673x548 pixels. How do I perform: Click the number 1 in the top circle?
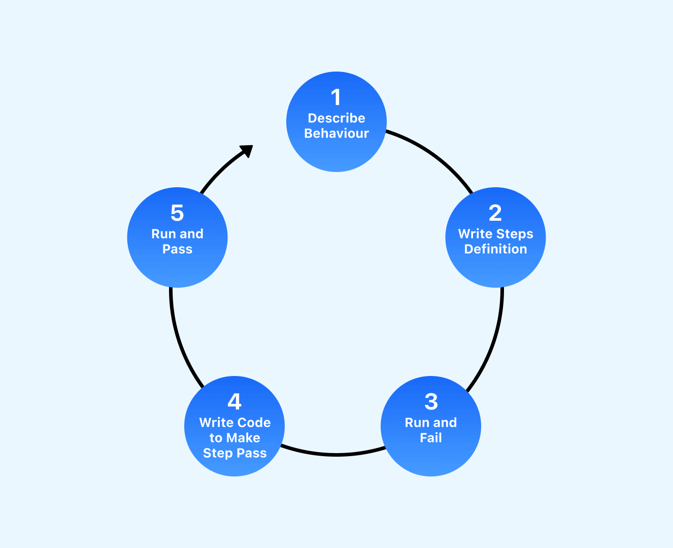coord(335,97)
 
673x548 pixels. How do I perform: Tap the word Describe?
coord(336,118)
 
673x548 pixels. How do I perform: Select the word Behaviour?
coord(336,133)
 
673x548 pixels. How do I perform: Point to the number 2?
coord(495,213)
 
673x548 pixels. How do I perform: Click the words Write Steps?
coord(495,234)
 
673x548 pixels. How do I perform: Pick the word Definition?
coord(495,249)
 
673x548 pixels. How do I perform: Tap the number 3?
coord(431,402)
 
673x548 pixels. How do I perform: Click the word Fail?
coord(431,438)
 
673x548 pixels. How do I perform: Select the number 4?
coord(234,402)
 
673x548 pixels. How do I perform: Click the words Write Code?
coord(234,423)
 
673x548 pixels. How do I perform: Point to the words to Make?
coord(234,438)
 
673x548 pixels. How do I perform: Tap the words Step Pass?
coord(234,453)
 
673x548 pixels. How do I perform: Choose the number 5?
coord(177,213)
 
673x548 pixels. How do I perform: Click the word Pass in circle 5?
coord(177,249)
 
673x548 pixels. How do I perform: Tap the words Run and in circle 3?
coord(431,423)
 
